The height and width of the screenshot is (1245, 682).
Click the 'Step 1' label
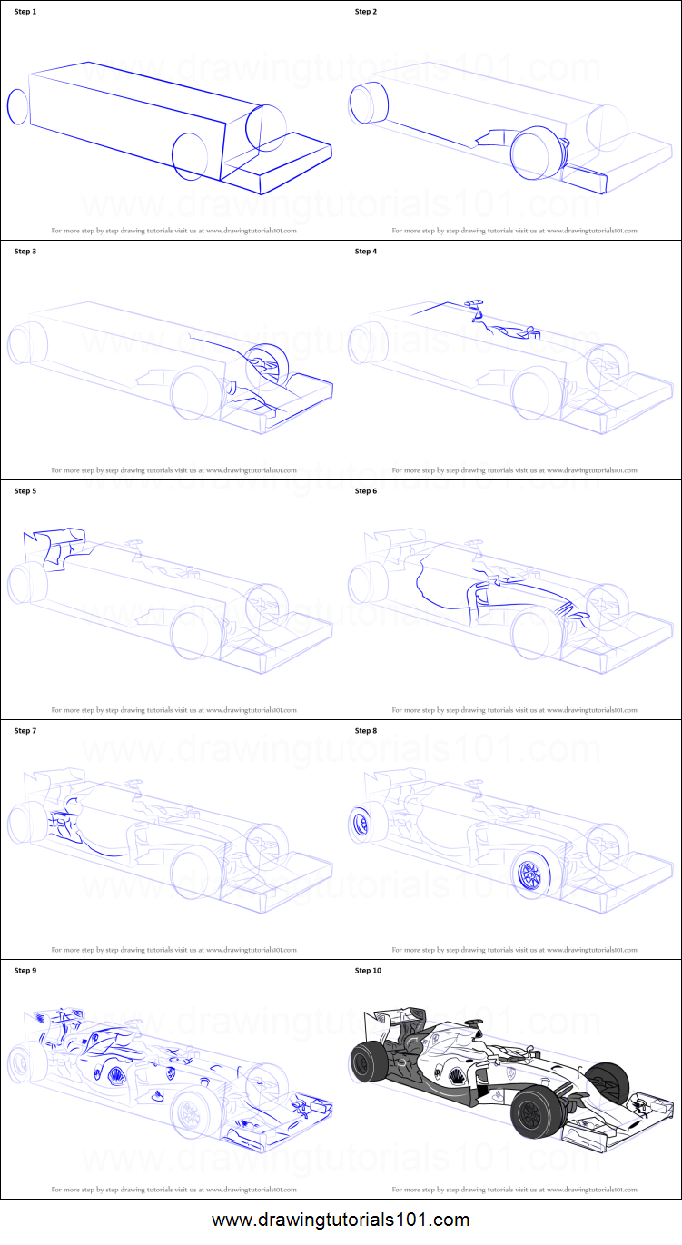(25, 12)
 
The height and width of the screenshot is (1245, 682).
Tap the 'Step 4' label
(366, 252)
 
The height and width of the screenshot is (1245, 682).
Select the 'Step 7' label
(25, 731)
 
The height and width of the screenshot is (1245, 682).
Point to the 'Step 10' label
(368, 971)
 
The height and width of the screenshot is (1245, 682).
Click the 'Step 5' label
(25, 490)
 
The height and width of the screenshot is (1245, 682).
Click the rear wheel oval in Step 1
(16, 107)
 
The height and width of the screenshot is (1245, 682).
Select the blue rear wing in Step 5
(54, 548)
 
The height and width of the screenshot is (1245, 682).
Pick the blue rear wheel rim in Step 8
(361, 824)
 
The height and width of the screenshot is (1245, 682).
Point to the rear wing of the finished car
(395, 1023)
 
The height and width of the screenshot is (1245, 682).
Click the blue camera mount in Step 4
(474, 303)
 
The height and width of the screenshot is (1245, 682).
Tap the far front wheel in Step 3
(267, 364)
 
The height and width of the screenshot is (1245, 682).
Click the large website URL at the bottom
(341, 1220)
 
